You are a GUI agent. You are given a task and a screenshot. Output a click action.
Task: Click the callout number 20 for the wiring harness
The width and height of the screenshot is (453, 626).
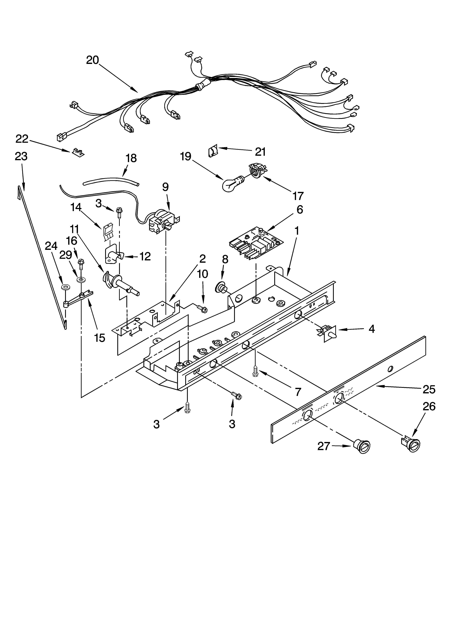[x=92, y=60]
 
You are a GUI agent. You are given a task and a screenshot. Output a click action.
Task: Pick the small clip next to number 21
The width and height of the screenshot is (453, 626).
[x=213, y=151]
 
